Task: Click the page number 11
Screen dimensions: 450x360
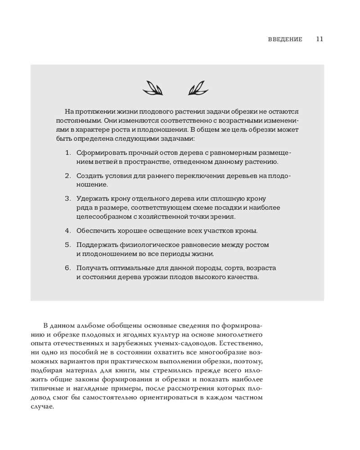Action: (319, 39)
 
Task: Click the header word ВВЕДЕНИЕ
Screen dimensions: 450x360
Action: (285, 39)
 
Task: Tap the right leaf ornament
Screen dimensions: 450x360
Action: (197, 88)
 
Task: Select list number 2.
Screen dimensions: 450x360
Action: (68, 175)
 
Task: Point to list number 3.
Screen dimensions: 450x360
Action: (68, 198)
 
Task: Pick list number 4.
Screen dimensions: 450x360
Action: (68, 230)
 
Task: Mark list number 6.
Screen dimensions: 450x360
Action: (68, 268)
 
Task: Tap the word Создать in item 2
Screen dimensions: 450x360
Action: (89, 175)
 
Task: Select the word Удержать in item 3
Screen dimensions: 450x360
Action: (91, 198)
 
